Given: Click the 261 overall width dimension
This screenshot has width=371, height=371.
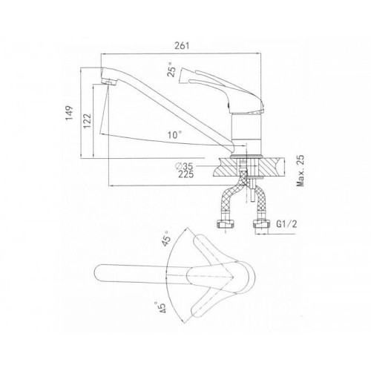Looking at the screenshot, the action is coord(182,46).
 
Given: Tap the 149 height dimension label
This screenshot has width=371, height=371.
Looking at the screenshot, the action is coord(69,113).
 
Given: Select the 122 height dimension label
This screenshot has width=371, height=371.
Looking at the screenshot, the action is coord(87,121).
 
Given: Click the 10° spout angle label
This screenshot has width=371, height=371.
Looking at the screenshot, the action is coord(174,135).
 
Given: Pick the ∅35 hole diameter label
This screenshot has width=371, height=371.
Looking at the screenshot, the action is coord(184,166).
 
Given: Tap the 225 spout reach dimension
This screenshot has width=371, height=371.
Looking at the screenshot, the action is coord(186,174).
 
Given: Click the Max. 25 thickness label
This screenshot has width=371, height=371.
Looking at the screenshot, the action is coord(301,171).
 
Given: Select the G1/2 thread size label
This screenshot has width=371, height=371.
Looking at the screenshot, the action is coord(286,224).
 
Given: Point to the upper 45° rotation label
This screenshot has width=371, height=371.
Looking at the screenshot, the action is coord(166,238).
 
